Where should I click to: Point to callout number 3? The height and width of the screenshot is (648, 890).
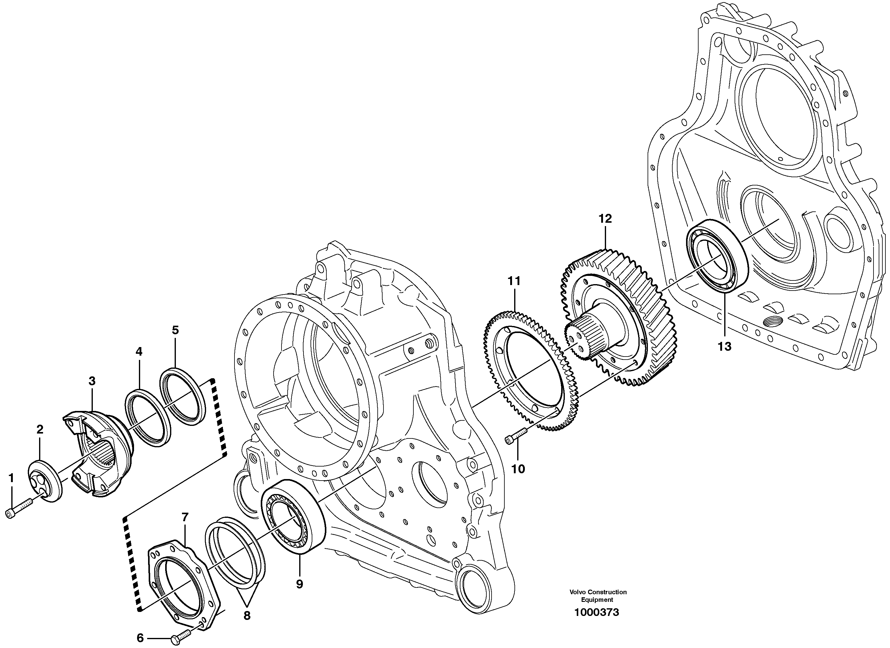(x=92, y=381)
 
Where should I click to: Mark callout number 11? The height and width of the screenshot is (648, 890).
(x=514, y=281)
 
